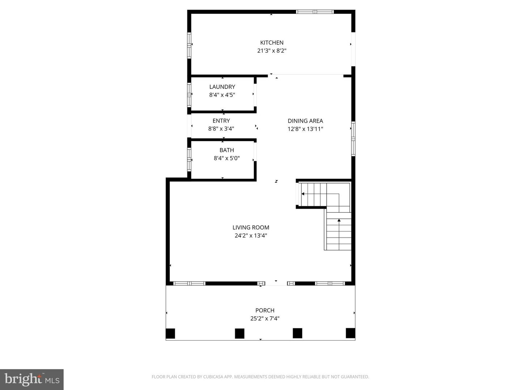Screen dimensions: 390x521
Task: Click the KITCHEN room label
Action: (x=272, y=43)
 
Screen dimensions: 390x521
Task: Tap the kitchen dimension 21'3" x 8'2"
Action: (x=272, y=51)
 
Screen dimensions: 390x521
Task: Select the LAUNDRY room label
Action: (x=222, y=87)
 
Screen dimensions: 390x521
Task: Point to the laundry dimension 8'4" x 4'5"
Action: (x=222, y=95)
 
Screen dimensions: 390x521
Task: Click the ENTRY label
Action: (x=221, y=121)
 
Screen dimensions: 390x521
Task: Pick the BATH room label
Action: (x=226, y=150)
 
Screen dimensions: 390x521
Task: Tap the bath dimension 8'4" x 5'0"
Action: (x=226, y=158)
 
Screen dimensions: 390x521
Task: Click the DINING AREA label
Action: (x=305, y=121)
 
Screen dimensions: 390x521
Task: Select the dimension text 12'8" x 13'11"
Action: (x=305, y=129)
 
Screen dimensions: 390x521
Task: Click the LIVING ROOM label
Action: (x=251, y=227)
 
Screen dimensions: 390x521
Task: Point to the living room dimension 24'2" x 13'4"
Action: (x=251, y=236)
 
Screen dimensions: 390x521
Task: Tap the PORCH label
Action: (x=265, y=310)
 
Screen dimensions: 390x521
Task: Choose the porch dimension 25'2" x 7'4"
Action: (x=265, y=318)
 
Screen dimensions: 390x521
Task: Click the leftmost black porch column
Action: (x=170, y=333)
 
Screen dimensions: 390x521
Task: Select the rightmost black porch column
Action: (x=350, y=333)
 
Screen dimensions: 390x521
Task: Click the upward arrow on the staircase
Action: (x=339, y=220)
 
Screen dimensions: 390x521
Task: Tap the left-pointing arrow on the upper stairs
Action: (x=303, y=194)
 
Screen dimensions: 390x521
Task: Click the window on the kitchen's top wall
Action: (x=315, y=12)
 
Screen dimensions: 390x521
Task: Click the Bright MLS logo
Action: (x=32, y=380)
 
